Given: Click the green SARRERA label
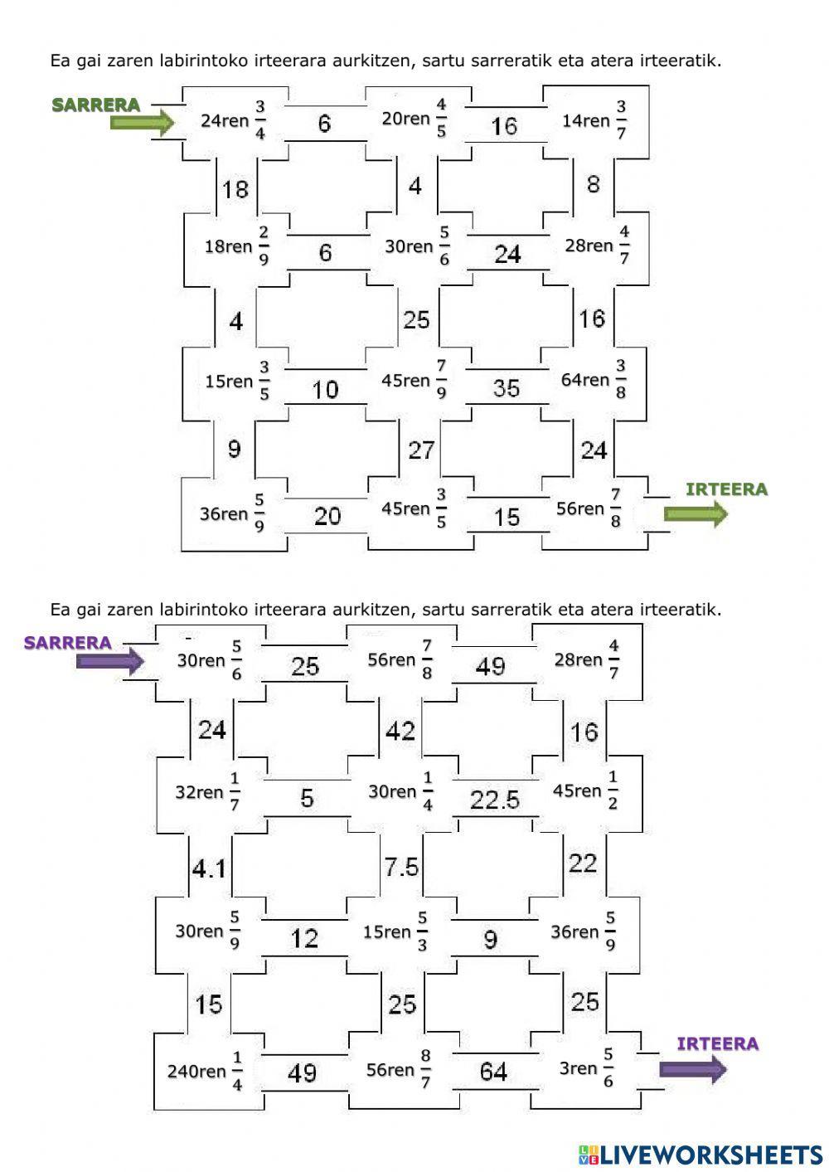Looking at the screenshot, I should [x=95, y=105].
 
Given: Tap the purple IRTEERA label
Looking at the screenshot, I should [x=717, y=1044].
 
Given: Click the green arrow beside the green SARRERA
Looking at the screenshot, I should [x=142, y=123].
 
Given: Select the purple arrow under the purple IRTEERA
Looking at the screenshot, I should [x=693, y=1070].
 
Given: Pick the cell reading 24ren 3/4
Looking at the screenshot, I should [x=234, y=121].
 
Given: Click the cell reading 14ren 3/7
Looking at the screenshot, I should [x=594, y=121].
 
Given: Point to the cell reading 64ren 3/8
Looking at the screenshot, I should [x=594, y=380].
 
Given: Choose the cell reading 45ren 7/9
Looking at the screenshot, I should [x=414, y=380].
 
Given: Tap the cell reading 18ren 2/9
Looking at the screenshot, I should [x=237, y=246].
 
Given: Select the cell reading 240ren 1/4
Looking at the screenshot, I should [x=205, y=1071].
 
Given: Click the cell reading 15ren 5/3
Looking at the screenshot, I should [x=395, y=932].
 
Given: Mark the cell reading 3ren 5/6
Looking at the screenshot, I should [x=587, y=1068].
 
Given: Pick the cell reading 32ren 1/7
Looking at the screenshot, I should [x=207, y=792].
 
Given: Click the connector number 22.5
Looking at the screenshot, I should [x=494, y=800].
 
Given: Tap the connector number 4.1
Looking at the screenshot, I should [x=209, y=868].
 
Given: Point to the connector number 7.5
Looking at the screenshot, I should [x=401, y=868].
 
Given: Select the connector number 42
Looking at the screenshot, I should [x=401, y=732].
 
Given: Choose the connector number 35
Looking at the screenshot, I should [x=506, y=388].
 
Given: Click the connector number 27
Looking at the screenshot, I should [x=421, y=450].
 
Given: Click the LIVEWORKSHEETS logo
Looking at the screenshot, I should [x=701, y=1154].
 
